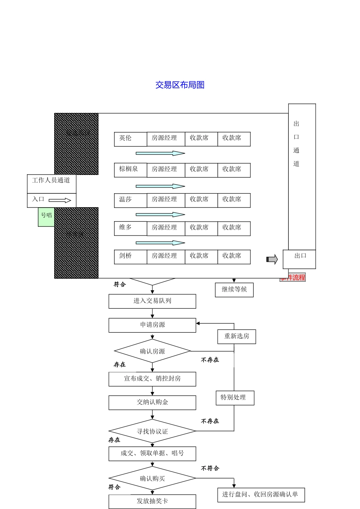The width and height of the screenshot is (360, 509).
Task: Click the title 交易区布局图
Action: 180,85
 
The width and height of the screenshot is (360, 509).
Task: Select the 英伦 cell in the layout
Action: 130,139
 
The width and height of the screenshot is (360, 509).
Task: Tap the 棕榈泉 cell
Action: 130,170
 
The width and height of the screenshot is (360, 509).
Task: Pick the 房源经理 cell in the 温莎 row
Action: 166,200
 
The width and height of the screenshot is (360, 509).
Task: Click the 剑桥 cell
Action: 130,257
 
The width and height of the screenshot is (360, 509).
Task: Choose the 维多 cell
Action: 130,228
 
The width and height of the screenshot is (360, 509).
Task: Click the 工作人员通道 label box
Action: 52,183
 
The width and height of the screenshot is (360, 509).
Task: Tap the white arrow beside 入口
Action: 60,200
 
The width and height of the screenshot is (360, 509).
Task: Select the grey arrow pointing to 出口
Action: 272,259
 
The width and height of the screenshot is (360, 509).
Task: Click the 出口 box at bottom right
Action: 299,259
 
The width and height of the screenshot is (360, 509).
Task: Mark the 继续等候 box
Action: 234,290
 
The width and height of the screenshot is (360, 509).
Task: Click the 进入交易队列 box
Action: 152,301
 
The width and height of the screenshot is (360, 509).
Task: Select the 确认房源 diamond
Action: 152,351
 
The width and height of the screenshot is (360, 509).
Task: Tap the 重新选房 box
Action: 236,336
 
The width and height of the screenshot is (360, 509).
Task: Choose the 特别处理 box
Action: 235,398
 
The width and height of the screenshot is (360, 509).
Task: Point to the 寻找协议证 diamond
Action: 152,431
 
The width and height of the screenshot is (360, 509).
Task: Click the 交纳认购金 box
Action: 152,403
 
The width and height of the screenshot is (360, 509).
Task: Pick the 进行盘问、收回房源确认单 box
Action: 261,495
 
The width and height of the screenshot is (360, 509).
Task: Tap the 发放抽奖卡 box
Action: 152,501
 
